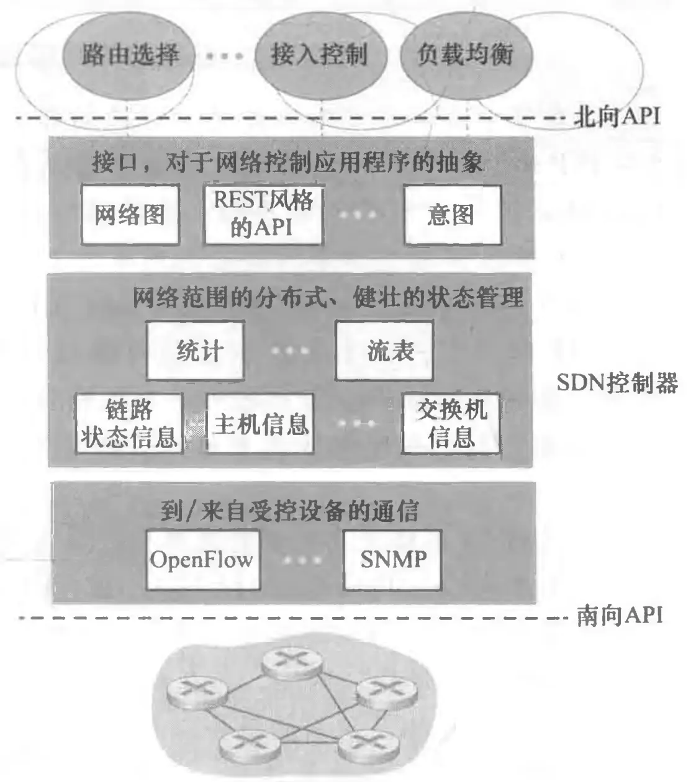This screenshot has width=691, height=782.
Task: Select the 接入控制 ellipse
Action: coord(320,55)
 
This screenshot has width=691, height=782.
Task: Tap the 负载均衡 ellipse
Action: coord(465,55)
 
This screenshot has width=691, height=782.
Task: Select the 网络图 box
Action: coord(130,214)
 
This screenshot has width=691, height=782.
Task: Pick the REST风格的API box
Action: coord(264,214)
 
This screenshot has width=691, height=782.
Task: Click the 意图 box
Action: coord(451,215)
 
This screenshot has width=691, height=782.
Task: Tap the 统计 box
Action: coord(196,351)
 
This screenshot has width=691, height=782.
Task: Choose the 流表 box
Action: coord(384,351)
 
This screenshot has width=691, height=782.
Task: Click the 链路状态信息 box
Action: coord(129,423)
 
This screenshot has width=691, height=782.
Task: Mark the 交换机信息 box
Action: coord(451,423)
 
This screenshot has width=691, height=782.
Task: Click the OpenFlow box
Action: coord(202,560)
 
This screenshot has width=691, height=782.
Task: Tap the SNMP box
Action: coord(393,560)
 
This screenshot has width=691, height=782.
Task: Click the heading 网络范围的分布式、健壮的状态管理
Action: coord(328,299)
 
